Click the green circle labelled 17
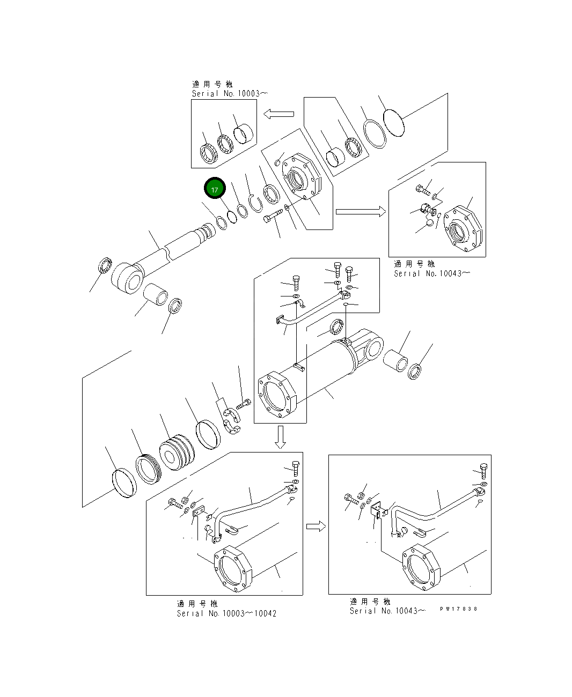(215, 189)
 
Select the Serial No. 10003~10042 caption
(226, 613)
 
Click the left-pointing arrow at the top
(278, 114)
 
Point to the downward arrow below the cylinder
(280, 436)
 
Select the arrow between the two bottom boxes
(316, 526)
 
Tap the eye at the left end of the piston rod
(128, 277)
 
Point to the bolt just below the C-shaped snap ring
(273, 217)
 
